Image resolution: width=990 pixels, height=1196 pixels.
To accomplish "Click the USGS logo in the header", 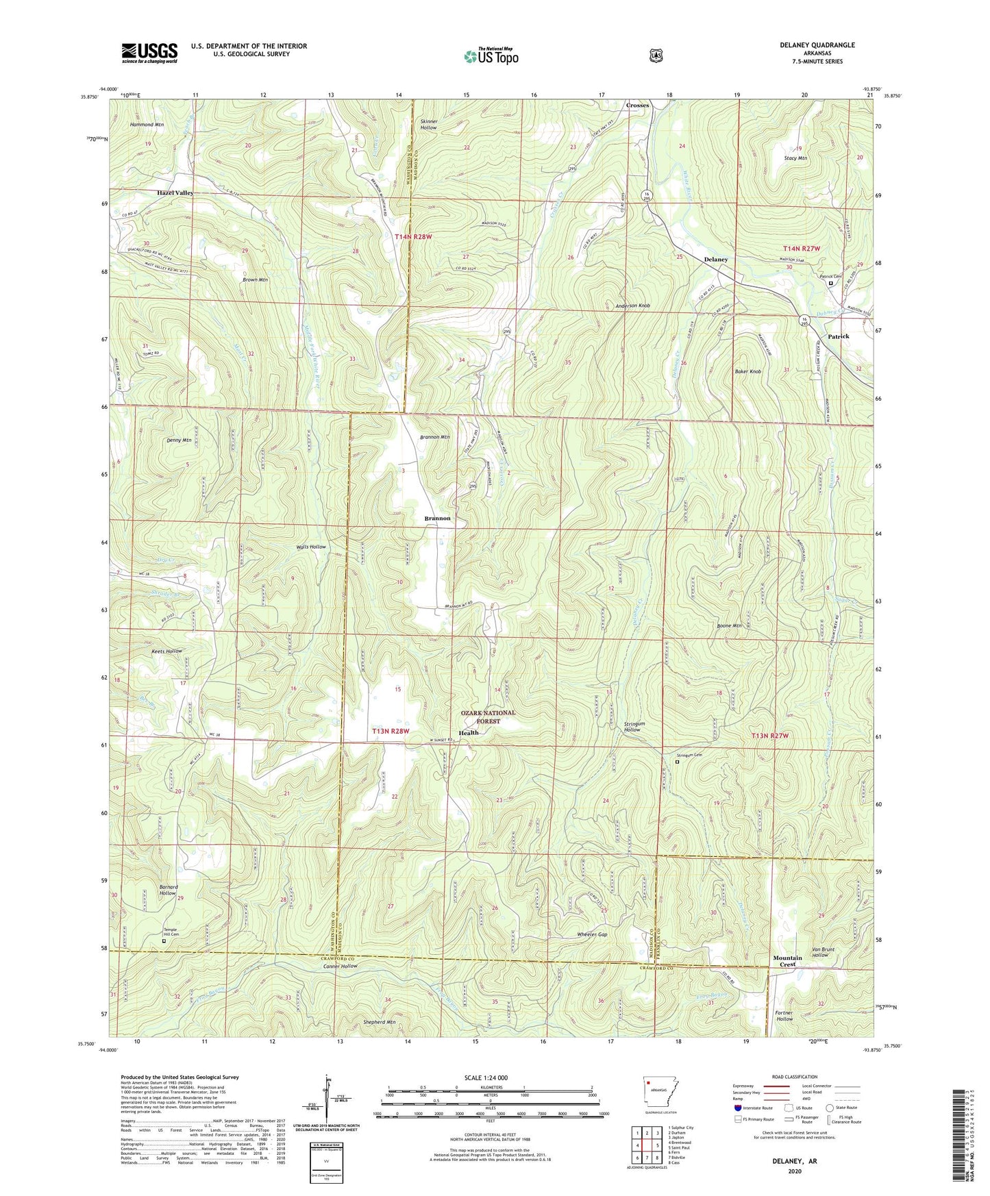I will click(149, 53).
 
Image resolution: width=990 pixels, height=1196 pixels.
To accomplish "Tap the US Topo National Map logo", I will click(491, 56).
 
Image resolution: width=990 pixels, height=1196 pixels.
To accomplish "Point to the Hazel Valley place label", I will click(175, 193).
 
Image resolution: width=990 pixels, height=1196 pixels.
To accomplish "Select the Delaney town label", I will click(716, 260).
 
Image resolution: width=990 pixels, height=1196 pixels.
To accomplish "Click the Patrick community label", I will click(838, 336).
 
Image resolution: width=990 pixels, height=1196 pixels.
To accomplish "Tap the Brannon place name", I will click(437, 518).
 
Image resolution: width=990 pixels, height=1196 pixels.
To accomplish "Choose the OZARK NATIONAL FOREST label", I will click(488, 717).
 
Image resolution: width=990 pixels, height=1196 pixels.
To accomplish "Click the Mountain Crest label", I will click(787, 960).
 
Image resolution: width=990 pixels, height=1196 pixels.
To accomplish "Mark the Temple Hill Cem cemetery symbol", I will click(163, 941).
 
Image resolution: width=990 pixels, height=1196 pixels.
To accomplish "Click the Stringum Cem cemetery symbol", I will click(678, 761).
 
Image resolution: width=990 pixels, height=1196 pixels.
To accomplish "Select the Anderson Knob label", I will click(632, 306).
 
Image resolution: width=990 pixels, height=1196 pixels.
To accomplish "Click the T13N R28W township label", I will click(391, 731).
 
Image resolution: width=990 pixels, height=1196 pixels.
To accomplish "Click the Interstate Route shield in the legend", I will click(737, 1108).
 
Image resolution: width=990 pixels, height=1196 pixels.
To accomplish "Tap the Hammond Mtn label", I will click(147, 125).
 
